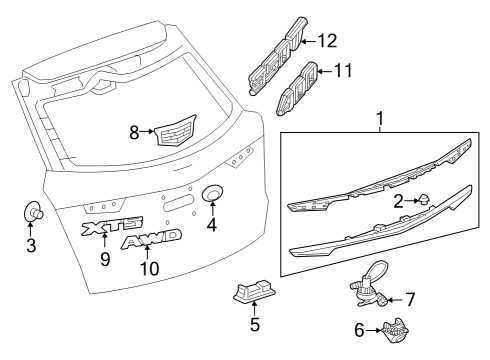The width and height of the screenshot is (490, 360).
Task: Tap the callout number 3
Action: tap(31, 244)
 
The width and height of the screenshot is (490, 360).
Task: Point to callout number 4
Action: tap(211, 225)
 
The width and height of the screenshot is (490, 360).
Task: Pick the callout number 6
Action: tap(359, 331)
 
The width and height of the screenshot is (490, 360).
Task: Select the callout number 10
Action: tap(149, 269)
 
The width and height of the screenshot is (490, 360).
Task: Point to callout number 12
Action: tap(328, 41)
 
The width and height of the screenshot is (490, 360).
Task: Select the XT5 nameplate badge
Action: tap(112, 228)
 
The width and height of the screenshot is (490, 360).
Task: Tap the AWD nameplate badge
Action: tap(151, 241)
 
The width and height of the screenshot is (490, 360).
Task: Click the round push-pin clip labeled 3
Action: tap(32, 212)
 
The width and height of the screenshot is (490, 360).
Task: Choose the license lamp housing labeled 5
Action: tap(251, 291)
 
